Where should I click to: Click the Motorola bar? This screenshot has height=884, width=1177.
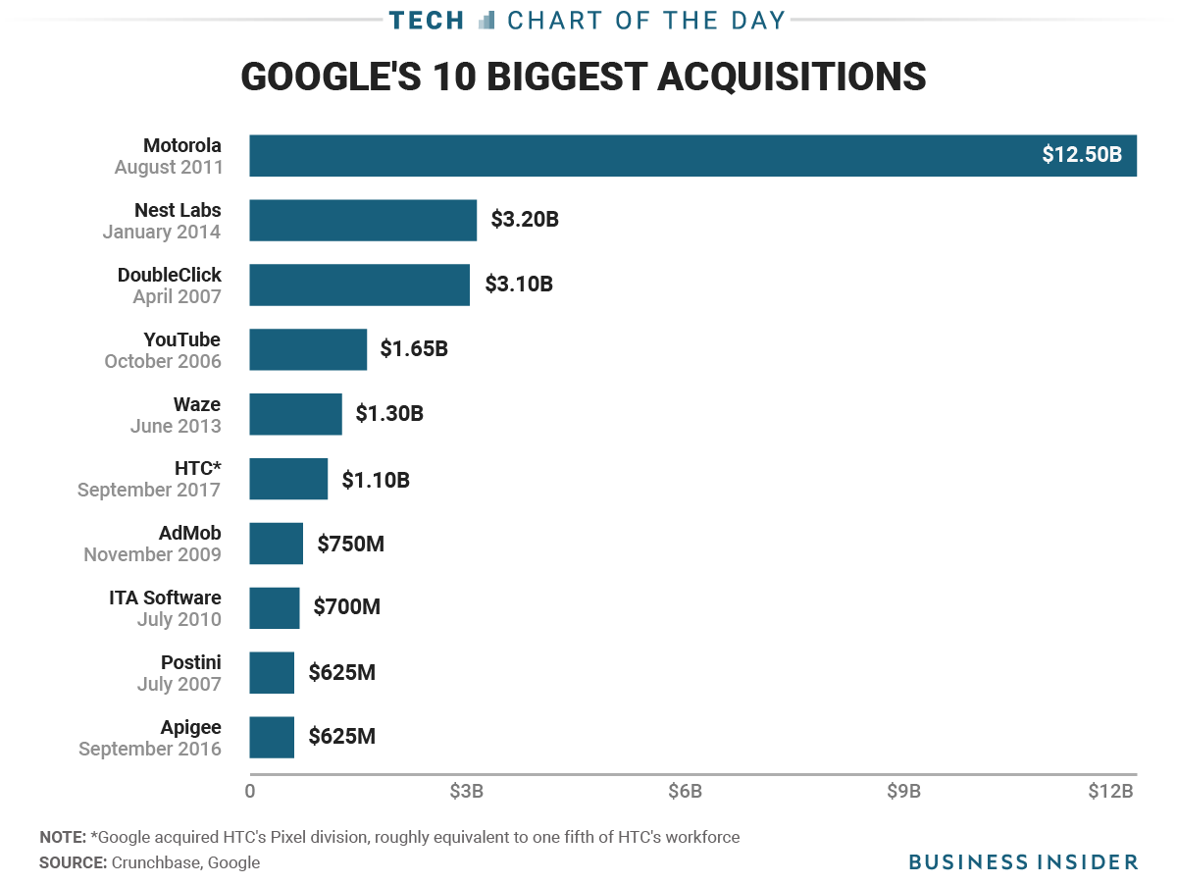638,155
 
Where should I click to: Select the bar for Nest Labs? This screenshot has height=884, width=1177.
363,220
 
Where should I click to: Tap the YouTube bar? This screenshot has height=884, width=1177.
308,349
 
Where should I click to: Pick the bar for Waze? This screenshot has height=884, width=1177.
295,414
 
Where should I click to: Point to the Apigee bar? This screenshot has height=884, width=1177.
272,737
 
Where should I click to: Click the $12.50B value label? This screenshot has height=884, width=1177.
1082,155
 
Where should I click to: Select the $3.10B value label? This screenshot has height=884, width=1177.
519,285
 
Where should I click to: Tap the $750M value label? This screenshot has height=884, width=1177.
351,543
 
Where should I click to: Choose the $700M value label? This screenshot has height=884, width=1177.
347,607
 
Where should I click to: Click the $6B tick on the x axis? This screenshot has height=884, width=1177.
685,792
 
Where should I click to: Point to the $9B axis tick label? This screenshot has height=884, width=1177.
903,792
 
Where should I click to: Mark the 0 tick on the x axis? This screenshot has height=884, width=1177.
250,792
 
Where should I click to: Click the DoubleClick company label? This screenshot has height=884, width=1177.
170,275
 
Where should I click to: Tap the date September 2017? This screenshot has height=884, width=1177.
149,490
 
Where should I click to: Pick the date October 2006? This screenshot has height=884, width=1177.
163,361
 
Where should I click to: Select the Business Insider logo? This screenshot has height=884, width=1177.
1023,861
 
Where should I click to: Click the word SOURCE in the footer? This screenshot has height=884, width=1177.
73,862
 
